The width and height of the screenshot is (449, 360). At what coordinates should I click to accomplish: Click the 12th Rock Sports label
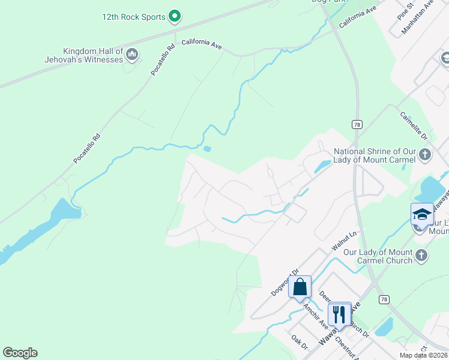pos(133,17)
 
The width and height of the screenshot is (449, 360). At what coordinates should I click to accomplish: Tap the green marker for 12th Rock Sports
pos(175,16)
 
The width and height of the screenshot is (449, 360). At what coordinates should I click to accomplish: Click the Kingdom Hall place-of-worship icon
pos(133,56)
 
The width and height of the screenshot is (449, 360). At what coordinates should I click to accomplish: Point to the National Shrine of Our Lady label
pos(375,156)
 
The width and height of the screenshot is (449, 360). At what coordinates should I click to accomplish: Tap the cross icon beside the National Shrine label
pos(425,155)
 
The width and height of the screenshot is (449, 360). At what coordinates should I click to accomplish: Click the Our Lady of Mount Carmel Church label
pos(378,256)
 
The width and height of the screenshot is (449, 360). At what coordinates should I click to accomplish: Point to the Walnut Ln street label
pos(344,242)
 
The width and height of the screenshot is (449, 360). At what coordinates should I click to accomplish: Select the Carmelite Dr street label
pos(413,124)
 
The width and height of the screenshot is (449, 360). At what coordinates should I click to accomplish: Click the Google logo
pos(20,353)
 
